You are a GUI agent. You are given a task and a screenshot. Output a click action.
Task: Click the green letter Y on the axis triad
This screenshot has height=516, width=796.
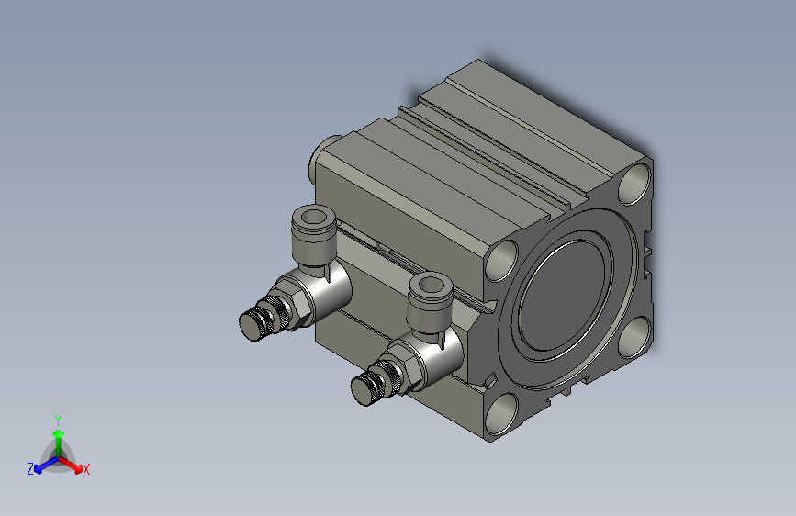[57, 418]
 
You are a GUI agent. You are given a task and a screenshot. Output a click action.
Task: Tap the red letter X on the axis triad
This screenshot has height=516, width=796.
[86, 470]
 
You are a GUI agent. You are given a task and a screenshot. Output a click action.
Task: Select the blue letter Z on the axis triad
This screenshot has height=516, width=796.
[30, 468]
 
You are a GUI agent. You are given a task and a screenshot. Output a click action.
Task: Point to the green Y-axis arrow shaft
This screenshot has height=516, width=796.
[57, 441]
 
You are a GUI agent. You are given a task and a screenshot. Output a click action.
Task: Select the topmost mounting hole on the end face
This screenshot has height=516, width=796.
[635, 185]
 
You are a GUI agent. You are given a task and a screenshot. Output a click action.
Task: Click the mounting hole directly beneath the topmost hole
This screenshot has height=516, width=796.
[633, 340]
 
